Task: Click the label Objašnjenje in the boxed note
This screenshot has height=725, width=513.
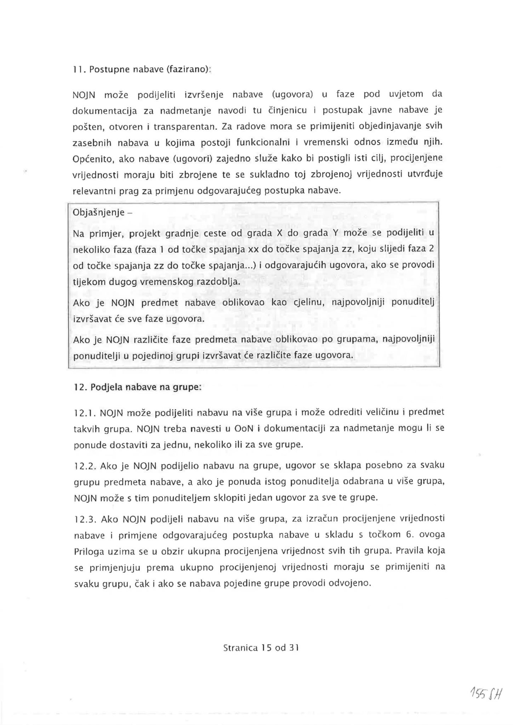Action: (x=98, y=212)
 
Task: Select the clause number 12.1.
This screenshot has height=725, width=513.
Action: (x=84, y=413)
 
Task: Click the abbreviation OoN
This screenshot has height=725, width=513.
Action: (x=243, y=429)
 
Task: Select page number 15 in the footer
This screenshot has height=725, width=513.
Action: (x=266, y=648)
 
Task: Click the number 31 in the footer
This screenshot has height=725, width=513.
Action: (x=294, y=648)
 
